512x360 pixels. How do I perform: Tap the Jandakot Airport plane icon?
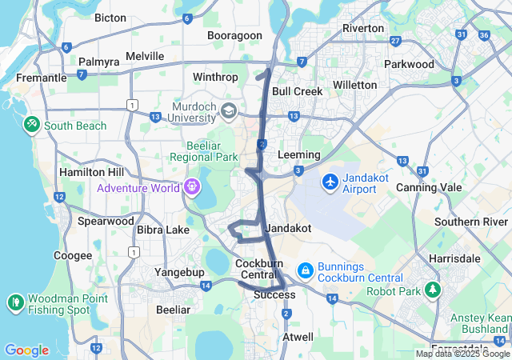pos(330,182)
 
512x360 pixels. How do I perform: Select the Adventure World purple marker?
pos(191,187)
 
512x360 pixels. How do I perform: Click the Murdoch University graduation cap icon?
pos(230,110)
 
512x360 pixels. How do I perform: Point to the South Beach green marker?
pos(31,126)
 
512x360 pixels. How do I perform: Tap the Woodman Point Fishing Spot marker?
pos(16,303)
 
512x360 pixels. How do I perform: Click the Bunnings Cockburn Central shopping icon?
pos(304,271)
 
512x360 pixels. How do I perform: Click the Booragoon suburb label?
pos(234,36)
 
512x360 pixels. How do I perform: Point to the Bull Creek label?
pos(297,91)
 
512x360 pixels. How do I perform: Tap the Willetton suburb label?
pos(354,85)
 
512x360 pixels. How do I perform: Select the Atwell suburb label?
pos(298,337)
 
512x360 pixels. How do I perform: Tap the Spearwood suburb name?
pos(106,221)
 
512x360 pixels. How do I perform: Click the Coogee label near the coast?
pos(73,255)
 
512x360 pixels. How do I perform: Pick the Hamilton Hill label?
pos(92,172)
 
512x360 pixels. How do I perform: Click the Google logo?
pos(26,350)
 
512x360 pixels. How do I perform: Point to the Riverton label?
pos(363,28)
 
